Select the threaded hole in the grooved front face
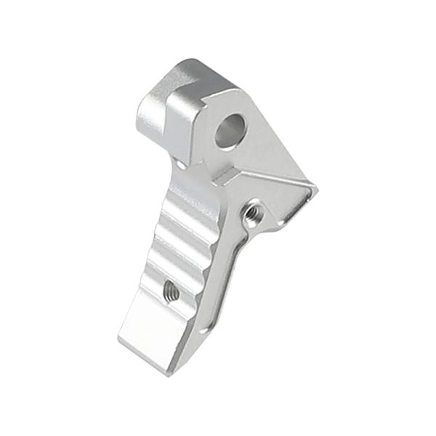171,291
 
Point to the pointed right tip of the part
315,190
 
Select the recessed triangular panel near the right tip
280,193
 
